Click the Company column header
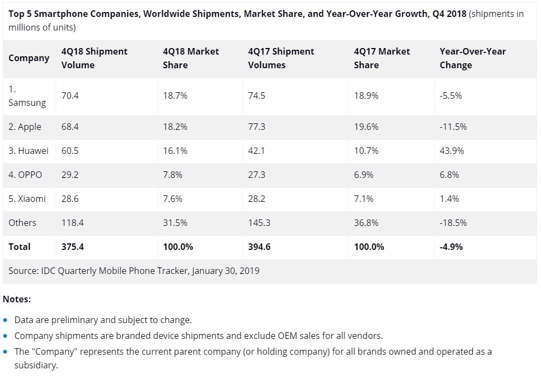29,58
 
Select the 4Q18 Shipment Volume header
94,58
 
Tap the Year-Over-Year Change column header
473,58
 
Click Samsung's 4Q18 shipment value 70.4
70,96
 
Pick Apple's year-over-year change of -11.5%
453,127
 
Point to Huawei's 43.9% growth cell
451,151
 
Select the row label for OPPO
25,175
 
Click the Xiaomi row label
27,199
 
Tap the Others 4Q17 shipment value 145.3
259,223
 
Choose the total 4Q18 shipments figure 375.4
73,247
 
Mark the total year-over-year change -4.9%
451,247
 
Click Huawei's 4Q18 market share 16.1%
175,151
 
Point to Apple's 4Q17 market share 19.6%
366,127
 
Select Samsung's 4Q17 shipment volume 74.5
257,96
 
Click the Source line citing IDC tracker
134,271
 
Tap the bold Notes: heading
16,299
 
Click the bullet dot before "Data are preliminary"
5,320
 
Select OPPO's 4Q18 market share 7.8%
173,175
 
